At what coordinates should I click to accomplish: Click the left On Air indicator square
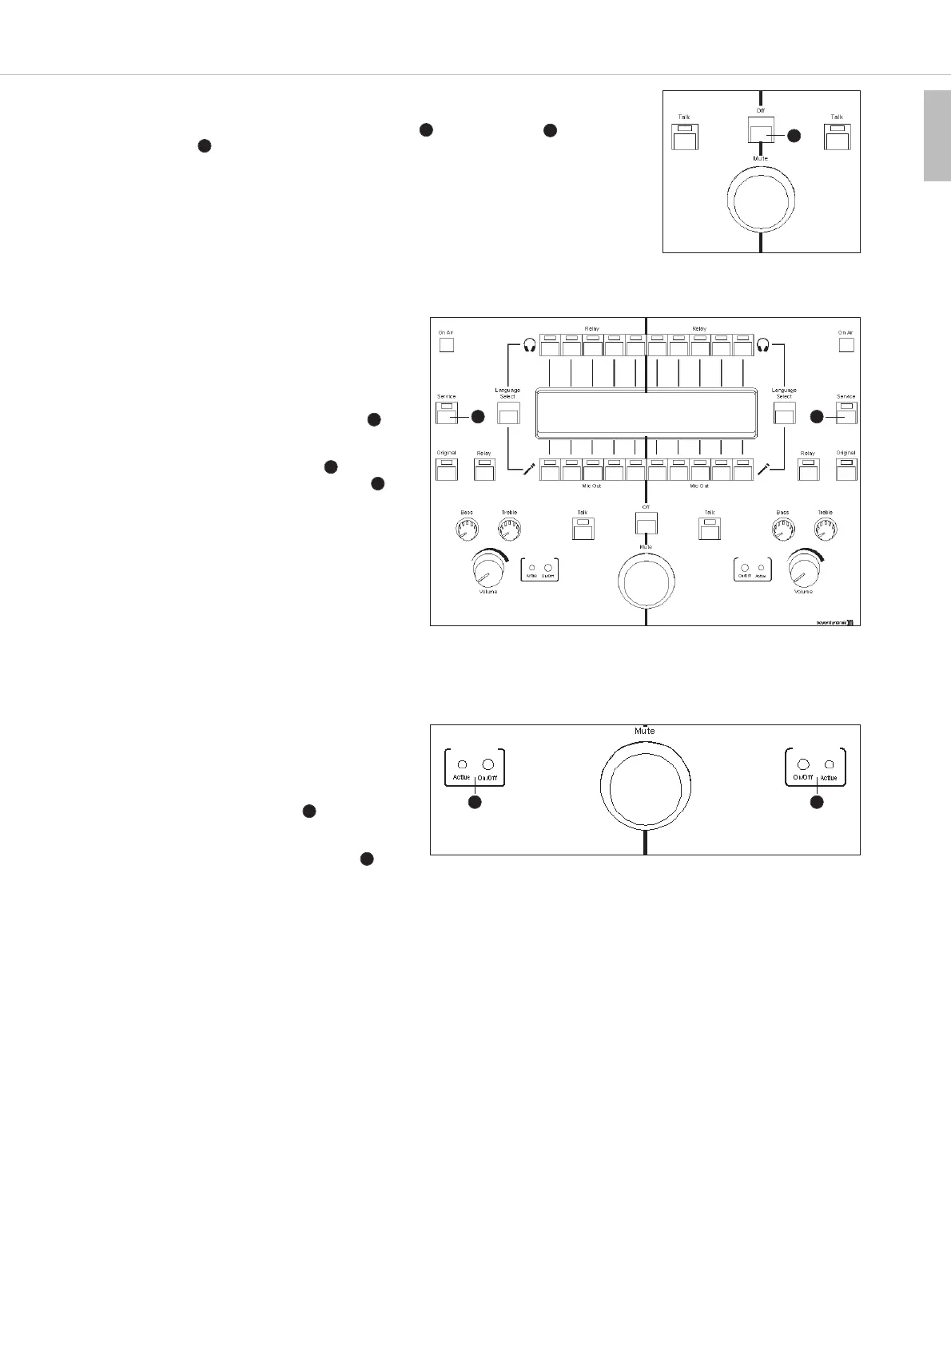point(446,345)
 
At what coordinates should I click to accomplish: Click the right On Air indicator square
point(846,345)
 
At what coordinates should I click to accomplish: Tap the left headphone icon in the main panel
point(528,345)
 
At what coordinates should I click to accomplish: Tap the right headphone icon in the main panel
point(763,345)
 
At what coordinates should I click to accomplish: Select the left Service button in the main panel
point(446,413)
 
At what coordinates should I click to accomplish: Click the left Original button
point(446,470)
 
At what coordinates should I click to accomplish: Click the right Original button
point(846,470)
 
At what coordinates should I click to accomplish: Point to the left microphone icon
point(528,470)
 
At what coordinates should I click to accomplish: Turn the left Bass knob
point(466,529)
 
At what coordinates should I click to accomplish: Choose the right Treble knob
point(825,529)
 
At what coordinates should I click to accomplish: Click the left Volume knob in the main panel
point(485,569)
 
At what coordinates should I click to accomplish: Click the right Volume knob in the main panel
point(803,569)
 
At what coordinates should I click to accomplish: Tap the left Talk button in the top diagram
point(684,138)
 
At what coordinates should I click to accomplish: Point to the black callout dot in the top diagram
point(793,136)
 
